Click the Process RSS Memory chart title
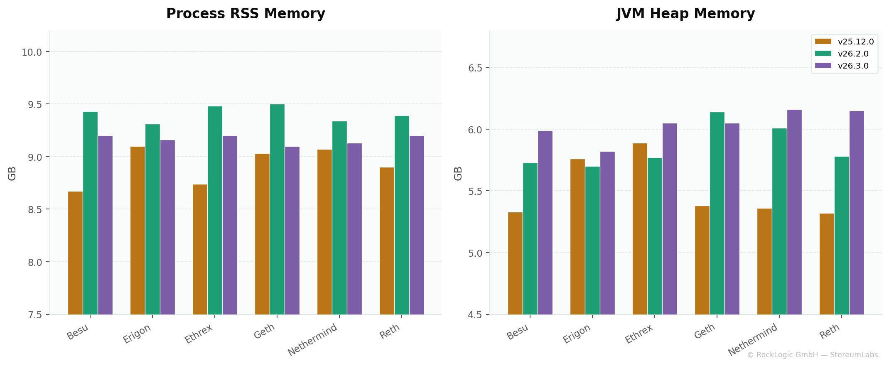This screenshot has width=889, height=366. (246, 14)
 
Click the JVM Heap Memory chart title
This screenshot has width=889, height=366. (685, 14)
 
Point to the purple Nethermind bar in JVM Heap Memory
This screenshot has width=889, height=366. (794, 212)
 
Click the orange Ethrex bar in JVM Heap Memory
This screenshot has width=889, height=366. (640, 228)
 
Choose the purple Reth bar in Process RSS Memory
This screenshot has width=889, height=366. (417, 225)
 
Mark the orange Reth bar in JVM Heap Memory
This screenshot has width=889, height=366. (827, 264)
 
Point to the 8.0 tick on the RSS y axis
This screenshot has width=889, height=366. (35, 262)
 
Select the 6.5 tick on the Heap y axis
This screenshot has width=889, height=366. (476, 68)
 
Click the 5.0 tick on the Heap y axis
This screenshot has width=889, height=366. (476, 253)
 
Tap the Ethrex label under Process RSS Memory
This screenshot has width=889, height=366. (199, 334)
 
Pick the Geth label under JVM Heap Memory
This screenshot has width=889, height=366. (705, 332)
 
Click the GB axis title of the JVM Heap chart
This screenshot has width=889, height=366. (458, 173)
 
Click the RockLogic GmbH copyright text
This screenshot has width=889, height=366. (812, 355)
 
